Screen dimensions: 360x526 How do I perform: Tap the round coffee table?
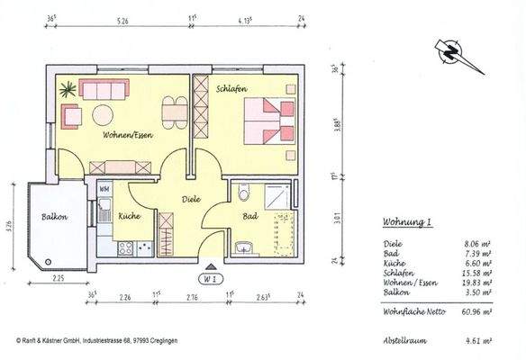click(x=101, y=114)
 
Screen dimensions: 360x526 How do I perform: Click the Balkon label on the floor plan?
click(x=54, y=217)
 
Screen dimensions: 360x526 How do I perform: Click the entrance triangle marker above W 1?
click(x=210, y=267)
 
